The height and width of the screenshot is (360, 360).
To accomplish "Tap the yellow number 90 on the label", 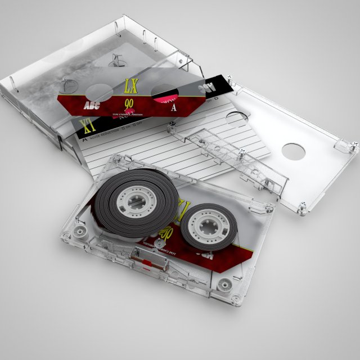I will [129, 103].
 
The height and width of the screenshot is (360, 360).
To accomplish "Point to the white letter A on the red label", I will [174, 107].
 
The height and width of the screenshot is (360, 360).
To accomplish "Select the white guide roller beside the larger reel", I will [79, 232].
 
